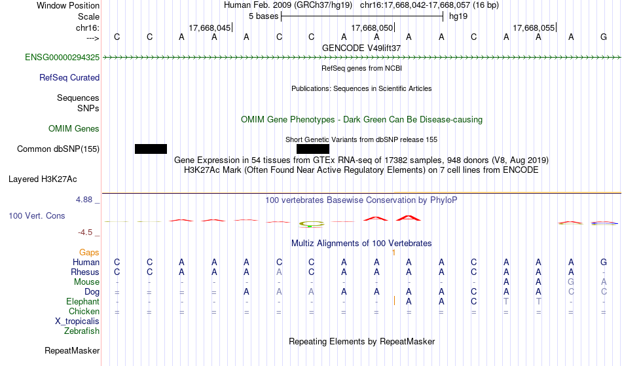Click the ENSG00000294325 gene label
[x=62, y=57]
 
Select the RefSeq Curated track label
[x=69, y=77]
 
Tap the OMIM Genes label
[x=74, y=128]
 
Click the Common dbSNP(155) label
[x=58, y=149]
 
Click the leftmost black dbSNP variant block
[x=151, y=149]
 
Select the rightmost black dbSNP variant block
[x=313, y=149]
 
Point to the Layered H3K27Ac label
[x=43, y=179]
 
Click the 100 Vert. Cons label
[x=37, y=215]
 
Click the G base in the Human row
[x=604, y=262]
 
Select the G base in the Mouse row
[x=571, y=282]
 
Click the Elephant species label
[x=83, y=301]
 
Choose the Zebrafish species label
[x=82, y=331]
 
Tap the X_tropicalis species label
[x=77, y=321]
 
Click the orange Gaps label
[x=89, y=252]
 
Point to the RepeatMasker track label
[x=72, y=350]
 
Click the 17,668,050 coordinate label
[x=372, y=27]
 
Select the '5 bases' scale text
[x=263, y=16]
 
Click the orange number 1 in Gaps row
[x=393, y=253]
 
